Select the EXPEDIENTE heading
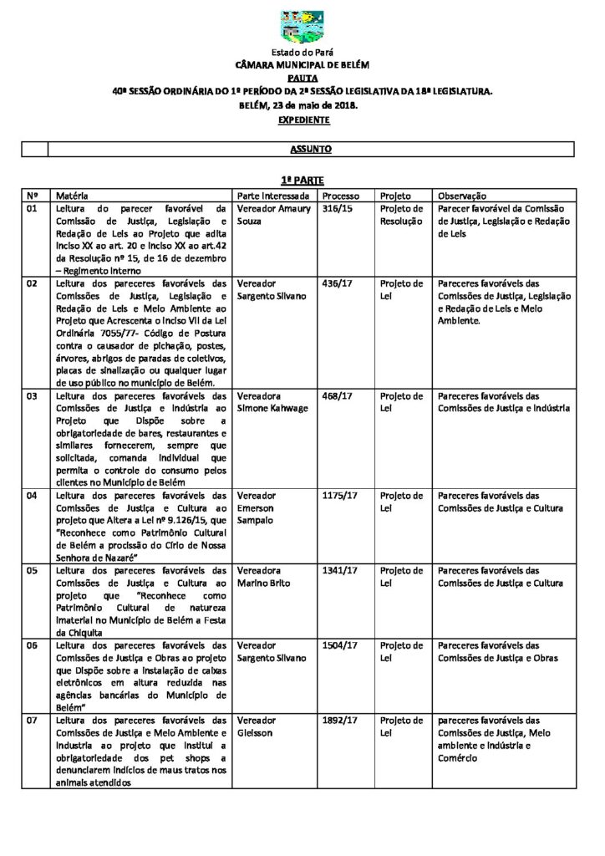point(302,120)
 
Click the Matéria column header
point(67,194)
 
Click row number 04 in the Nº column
point(33,496)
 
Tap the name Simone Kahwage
point(272,408)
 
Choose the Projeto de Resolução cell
point(402,215)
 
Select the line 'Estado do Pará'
point(302,52)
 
